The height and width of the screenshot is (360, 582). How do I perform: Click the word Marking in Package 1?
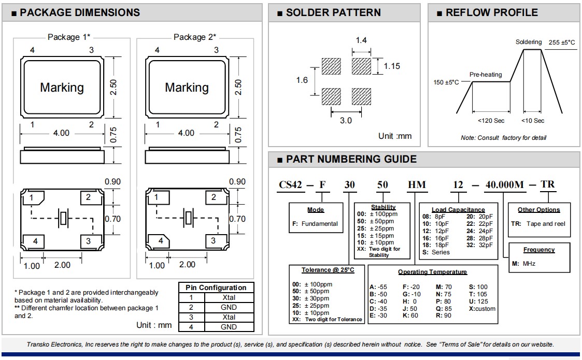tap(62, 88)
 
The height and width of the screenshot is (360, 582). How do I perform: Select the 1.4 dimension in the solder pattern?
tap(361, 40)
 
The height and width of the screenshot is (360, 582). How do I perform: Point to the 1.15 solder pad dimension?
tap(392, 66)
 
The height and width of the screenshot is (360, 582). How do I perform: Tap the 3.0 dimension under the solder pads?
tap(346, 120)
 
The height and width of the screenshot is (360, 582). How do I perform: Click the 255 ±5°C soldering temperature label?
tap(561, 42)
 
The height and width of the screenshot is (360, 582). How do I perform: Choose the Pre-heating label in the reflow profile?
tap(486, 75)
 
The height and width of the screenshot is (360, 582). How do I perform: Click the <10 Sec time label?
tap(532, 121)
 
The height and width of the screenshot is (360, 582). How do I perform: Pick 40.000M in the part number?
tap(504, 184)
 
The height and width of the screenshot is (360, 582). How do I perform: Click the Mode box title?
tap(316, 210)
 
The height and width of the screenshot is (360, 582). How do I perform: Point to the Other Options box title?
tap(539, 210)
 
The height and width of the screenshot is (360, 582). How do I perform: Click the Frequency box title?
tap(539, 250)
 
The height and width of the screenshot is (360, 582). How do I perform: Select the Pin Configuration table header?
tap(216, 287)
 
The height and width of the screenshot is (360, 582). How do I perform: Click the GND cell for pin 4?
tap(229, 327)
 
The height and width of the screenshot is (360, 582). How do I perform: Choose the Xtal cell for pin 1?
tap(229, 297)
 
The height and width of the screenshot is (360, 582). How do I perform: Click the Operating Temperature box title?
tap(432, 272)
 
